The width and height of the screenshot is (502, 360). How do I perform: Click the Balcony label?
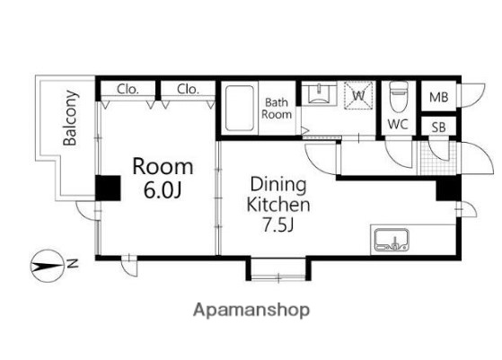point(70,119)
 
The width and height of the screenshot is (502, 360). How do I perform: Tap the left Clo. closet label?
point(128,89)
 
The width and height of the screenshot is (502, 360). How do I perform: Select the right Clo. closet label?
point(188,89)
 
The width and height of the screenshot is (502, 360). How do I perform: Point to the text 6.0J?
point(163,190)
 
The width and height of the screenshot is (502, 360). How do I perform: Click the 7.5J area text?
point(277,224)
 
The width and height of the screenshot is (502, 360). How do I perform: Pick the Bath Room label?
point(277,109)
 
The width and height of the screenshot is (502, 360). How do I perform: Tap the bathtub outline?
point(240,109)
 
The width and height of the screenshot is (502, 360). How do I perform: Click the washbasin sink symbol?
point(319,94)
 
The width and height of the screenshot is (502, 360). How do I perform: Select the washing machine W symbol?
point(358,95)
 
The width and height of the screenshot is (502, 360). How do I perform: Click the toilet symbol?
point(399,97)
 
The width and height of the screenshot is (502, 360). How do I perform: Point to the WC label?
point(398,124)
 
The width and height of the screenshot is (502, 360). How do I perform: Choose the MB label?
point(438,97)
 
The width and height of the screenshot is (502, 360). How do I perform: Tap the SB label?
point(438,127)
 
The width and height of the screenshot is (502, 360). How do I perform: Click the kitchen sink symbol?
point(392,240)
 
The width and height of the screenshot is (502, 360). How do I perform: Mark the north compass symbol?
point(47,266)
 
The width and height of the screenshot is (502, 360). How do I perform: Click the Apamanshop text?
point(251,310)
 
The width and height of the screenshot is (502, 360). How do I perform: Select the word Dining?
point(278,185)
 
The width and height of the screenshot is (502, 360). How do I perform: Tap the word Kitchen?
point(278,205)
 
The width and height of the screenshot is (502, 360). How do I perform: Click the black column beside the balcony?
point(108,189)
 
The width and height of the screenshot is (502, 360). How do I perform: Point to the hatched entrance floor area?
point(438,158)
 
